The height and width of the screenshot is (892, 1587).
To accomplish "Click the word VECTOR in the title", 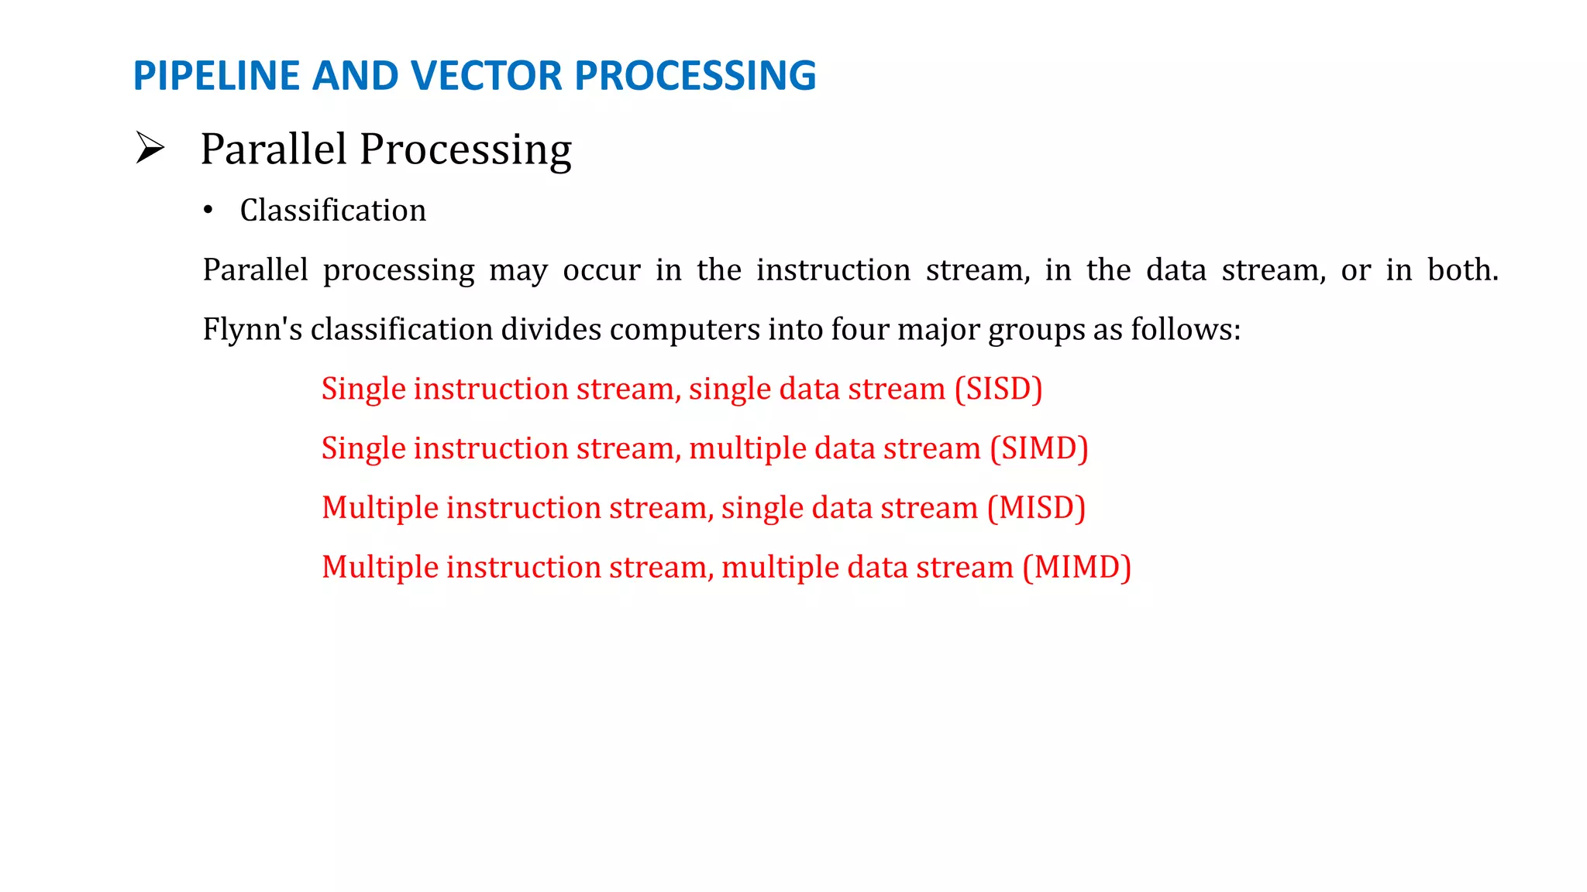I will pos(487,76).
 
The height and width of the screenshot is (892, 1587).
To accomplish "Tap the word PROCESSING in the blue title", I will pos(695,76).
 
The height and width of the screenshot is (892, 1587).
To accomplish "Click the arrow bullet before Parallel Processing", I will pos(150,148).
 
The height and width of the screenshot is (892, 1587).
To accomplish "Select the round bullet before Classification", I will pos(208,211).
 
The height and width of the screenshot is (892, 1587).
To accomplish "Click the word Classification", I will pos(332,211).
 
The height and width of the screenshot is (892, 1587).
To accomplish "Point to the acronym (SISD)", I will pos(998,389).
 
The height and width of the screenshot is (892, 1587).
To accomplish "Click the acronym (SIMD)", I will pos(1038,448).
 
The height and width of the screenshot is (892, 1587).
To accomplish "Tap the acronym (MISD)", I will pos(1036,508).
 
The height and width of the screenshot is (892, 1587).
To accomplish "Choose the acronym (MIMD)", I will pos(1076,568).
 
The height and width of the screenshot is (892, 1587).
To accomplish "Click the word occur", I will pos(601,270).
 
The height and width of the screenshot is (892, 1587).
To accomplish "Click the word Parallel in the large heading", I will pos(273,149).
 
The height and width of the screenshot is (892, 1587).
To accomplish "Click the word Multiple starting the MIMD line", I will pos(380,568).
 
